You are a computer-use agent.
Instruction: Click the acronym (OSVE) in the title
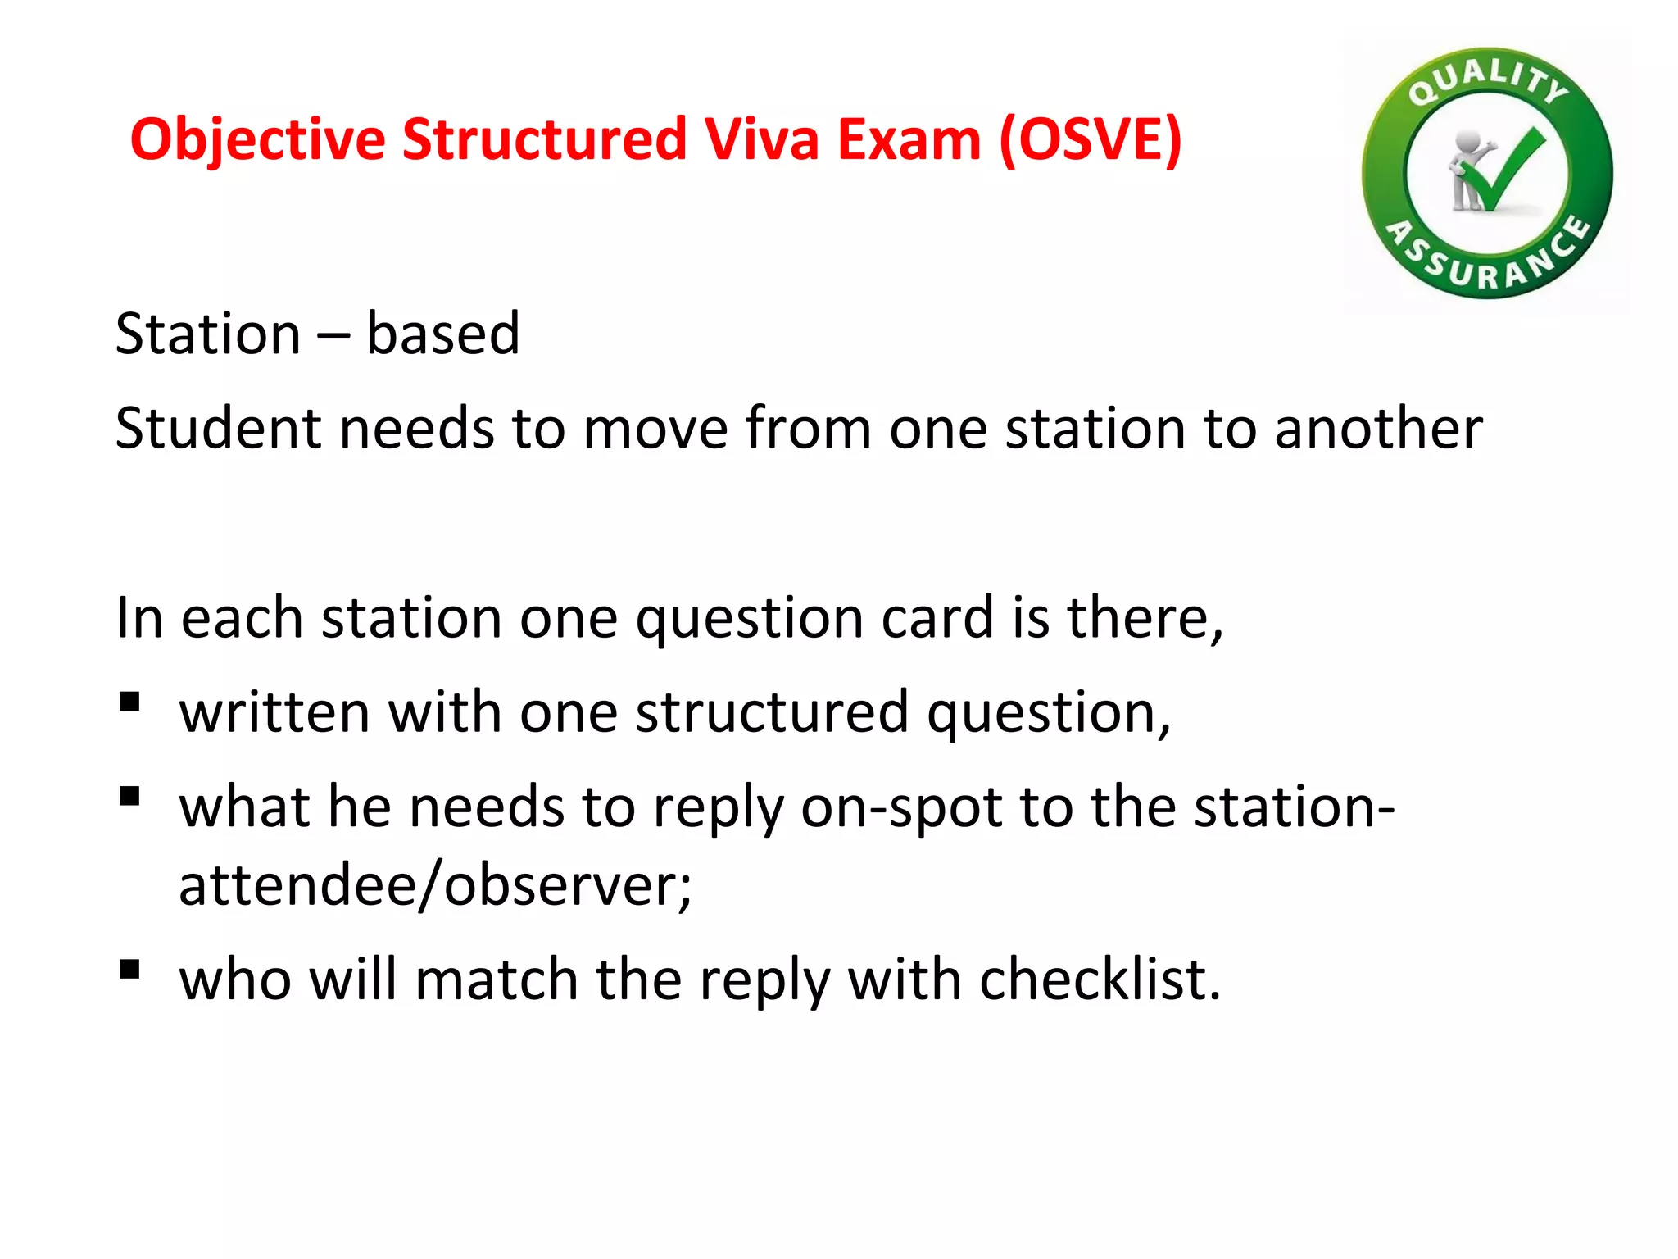[x=1091, y=140]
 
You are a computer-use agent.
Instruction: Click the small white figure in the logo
[x=1467, y=168]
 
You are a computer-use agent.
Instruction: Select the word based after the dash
[x=442, y=334]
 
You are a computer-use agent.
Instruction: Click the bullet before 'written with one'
[x=129, y=702]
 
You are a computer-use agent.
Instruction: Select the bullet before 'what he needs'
[x=129, y=797]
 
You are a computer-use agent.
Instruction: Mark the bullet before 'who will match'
[x=129, y=970]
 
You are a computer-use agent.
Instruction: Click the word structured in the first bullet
[x=772, y=712]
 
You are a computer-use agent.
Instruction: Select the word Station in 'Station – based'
[x=208, y=334]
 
